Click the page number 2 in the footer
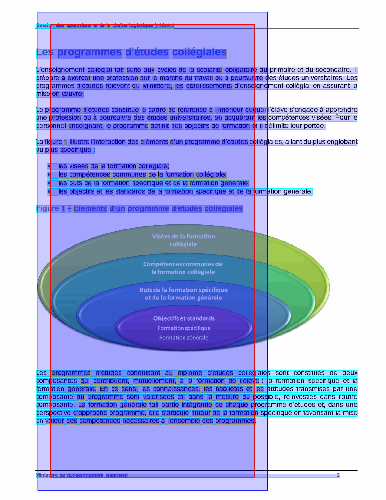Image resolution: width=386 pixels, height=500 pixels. pyautogui.click(x=338, y=475)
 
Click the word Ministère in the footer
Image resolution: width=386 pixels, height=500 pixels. pyautogui.click(x=47, y=475)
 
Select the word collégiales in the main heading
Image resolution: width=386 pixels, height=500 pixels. pyautogui.click(x=199, y=53)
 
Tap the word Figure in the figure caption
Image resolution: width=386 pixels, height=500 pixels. pyautogui.click(x=48, y=209)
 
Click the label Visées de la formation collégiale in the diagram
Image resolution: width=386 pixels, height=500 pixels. pyautogui.click(x=183, y=240)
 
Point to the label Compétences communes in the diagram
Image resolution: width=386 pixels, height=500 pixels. pyautogui.click(x=183, y=264)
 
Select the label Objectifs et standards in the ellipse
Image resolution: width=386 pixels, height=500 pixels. pyautogui.click(x=184, y=318)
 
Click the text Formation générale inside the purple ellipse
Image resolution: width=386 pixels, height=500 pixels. pyautogui.click(x=184, y=338)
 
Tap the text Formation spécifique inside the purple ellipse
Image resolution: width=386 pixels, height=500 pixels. pyautogui.click(x=184, y=328)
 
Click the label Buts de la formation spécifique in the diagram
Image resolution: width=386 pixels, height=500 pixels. pyautogui.click(x=183, y=290)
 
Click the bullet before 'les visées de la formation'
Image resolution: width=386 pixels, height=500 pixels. pyautogui.click(x=49, y=166)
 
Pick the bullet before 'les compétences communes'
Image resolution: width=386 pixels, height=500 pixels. pyautogui.click(x=49, y=174)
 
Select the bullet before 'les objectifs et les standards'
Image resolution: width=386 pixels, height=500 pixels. pyautogui.click(x=49, y=191)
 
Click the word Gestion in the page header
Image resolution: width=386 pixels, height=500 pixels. pyautogui.click(x=45, y=25)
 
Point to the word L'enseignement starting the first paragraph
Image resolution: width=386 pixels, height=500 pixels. pyautogui.click(x=60, y=70)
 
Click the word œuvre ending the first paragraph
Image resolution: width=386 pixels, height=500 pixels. pyautogui.click(x=72, y=94)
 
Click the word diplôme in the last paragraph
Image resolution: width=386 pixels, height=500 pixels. pyautogui.click(x=190, y=373)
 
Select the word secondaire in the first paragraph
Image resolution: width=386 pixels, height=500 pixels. pyautogui.click(x=333, y=70)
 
